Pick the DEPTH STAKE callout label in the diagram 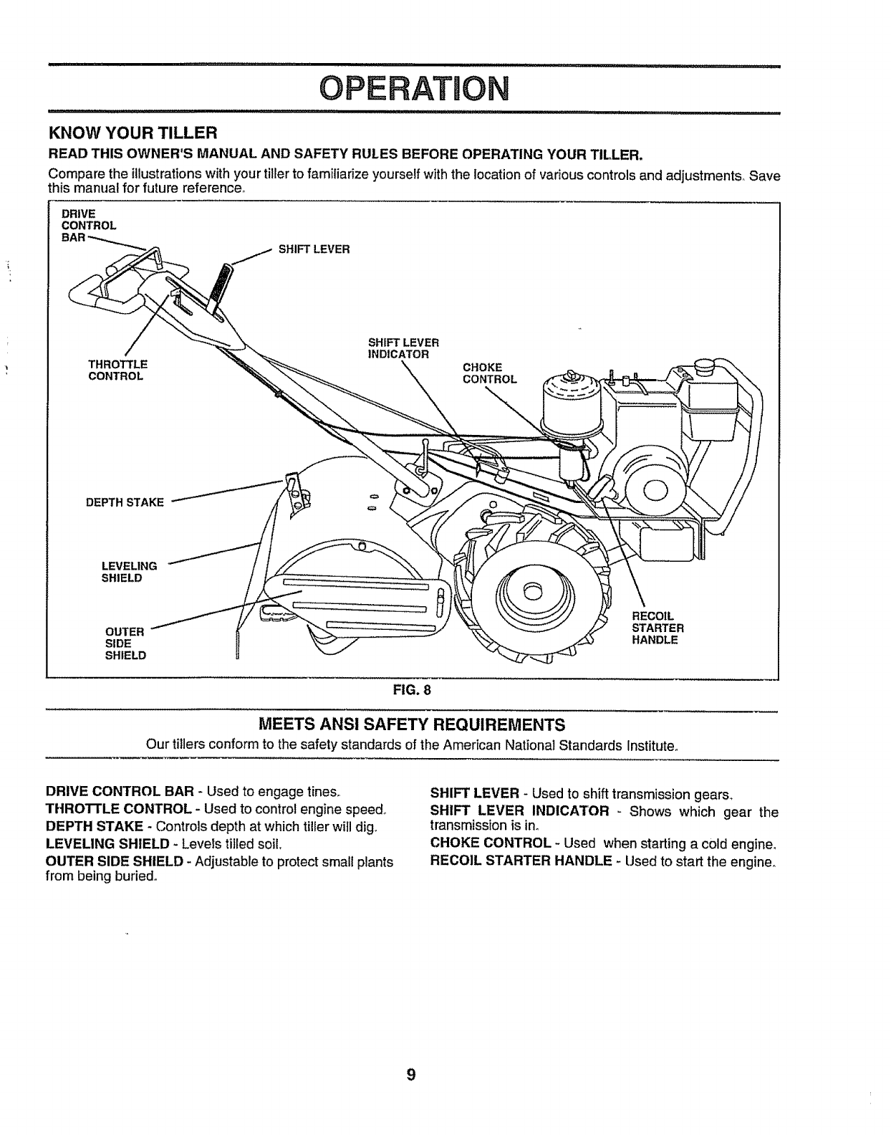125,502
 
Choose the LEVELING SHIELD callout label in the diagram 130,572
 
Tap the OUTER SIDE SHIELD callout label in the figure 125,643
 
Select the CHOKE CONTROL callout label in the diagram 489,373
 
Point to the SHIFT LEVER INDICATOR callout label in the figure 402,348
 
